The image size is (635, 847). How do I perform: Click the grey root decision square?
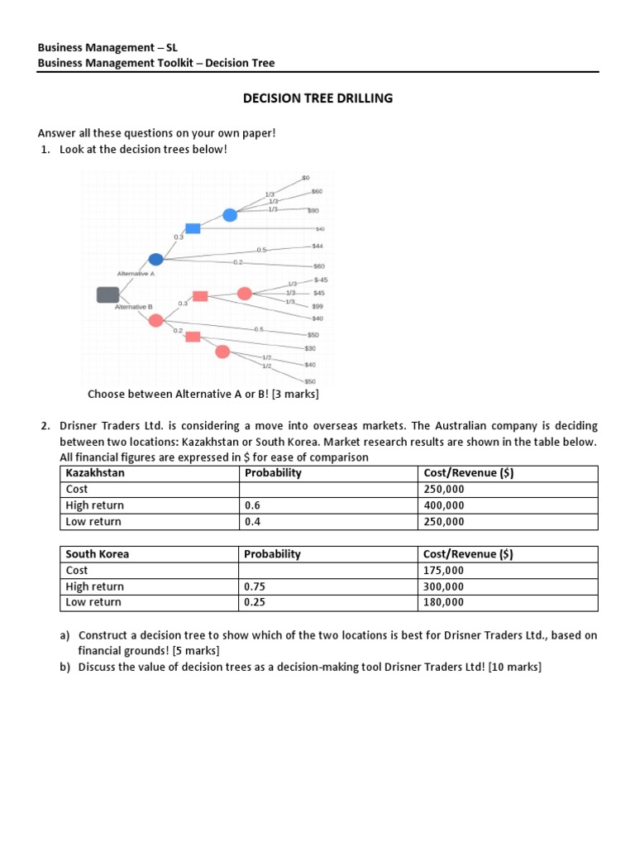tap(108, 294)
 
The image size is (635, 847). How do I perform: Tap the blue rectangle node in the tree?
tap(193, 228)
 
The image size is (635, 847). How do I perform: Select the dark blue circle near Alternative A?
tap(155, 259)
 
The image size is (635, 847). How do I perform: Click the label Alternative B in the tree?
tap(133, 307)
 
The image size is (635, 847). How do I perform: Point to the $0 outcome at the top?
tap(305, 178)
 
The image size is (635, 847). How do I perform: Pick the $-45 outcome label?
tap(320, 280)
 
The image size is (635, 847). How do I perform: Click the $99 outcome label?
tap(317, 306)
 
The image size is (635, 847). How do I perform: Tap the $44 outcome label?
tap(317, 246)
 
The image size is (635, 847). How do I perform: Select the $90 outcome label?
tap(314, 210)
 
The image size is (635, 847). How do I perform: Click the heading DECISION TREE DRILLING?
tap(317, 98)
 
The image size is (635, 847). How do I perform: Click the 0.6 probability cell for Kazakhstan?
tap(252, 505)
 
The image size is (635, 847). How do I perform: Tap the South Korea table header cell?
tap(98, 554)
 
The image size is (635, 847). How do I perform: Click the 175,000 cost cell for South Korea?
tap(443, 571)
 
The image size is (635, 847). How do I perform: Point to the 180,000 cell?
tap(443, 603)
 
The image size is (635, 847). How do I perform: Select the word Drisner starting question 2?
tap(79, 426)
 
